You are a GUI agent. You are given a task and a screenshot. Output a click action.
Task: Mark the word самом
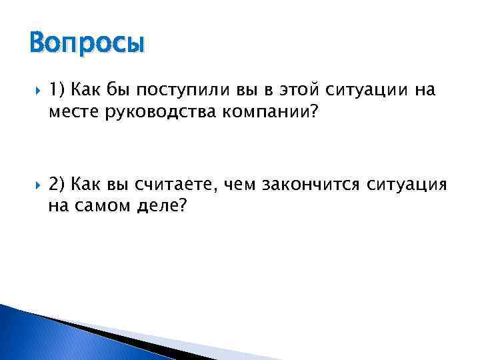[x=102, y=207]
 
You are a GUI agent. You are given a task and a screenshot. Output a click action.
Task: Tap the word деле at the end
[x=161, y=207]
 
